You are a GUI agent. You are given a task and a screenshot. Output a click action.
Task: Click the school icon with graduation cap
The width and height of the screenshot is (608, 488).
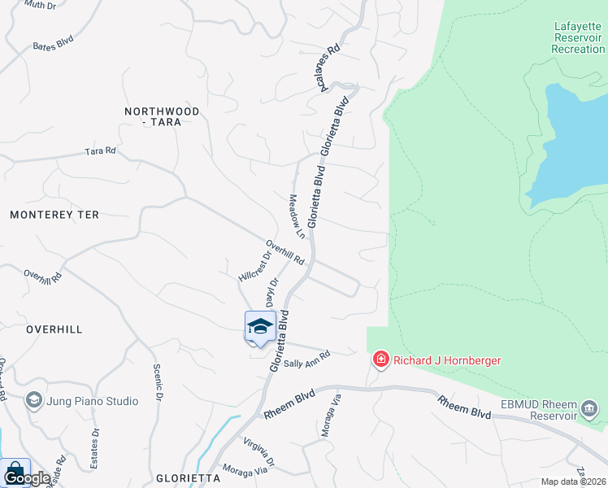[260, 326]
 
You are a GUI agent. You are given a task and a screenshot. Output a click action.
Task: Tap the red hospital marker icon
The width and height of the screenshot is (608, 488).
[380, 359]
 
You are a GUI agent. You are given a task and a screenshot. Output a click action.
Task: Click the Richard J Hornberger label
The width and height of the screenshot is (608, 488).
[447, 359]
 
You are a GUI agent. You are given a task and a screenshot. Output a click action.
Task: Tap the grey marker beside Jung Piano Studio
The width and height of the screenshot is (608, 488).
[34, 399]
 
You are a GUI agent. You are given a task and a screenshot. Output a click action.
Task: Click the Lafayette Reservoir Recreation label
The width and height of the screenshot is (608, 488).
[578, 37]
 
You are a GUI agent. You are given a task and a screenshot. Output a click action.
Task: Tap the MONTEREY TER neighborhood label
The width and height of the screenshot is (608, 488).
[54, 215]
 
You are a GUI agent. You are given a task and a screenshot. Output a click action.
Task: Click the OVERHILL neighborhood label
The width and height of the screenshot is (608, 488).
[54, 329]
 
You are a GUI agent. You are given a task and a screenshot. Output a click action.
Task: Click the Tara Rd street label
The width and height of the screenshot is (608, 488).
[101, 151]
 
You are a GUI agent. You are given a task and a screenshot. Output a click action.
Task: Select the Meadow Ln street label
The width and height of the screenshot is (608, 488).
[297, 216]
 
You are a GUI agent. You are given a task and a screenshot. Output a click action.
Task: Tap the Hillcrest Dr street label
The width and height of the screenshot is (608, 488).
[254, 266]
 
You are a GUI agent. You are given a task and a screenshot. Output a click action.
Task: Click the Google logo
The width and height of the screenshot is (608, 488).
[27, 478]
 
